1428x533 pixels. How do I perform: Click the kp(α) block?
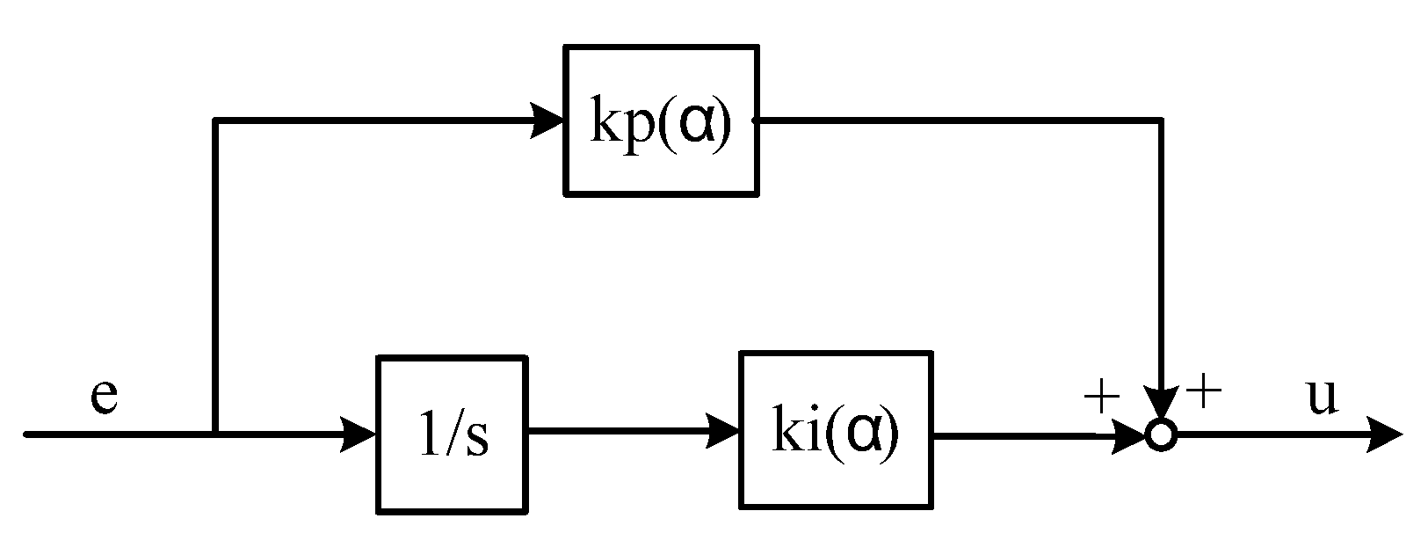click(x=660, y=120)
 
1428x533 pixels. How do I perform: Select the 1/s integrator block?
click(x=452, y=434)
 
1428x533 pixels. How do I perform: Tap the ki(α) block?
click(x=836, y=430)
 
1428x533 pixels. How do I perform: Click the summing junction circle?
click(x=1161, y=435)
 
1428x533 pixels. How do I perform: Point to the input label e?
click(x=104, y=397)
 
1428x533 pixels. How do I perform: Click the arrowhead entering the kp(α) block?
click(x=547, y=120)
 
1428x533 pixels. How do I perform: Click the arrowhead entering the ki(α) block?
click(x=723, y=433)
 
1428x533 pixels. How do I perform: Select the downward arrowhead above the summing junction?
click(x=1161, y=404)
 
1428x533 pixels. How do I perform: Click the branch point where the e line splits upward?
click(x=215, y=434)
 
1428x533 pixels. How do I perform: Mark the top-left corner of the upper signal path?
click(x=215, y=120)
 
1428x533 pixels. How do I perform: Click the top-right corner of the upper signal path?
click(x=1161, y=120)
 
